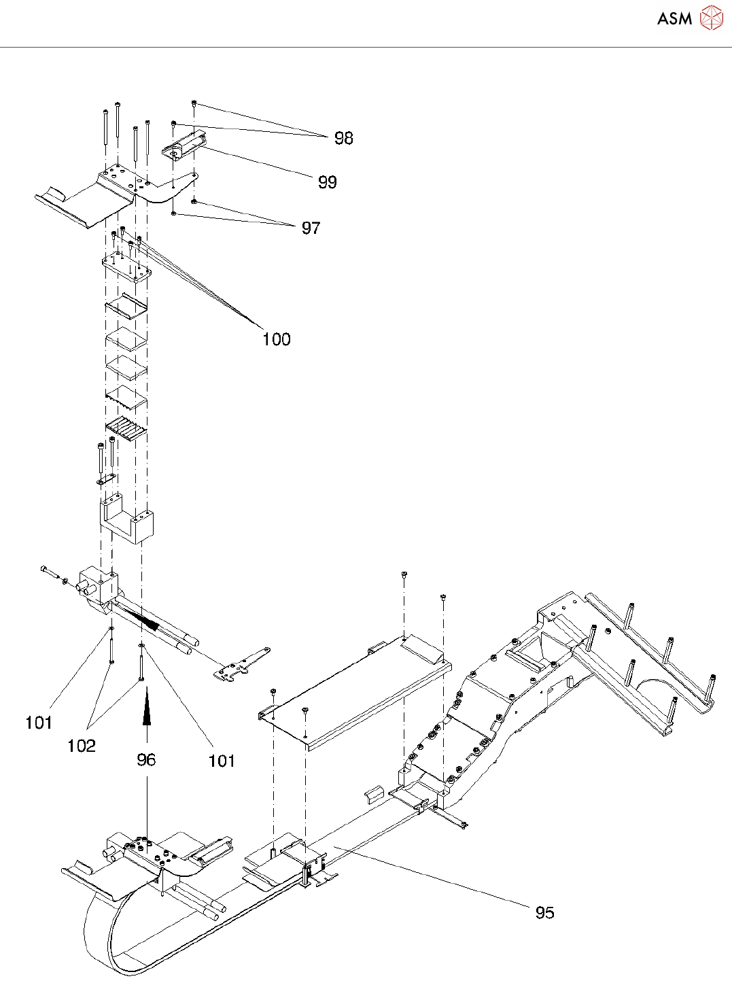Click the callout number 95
coord(544,912)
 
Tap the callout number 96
coord(146,759)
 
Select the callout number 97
coord(311,228)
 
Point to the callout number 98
coord(343,138)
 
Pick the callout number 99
coord(327,182)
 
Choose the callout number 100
coord(276,339)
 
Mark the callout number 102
coord(81,746)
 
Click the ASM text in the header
coord(674,18)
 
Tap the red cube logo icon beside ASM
coord(711,18)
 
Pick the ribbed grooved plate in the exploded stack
coord(126,429)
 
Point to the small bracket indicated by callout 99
coord(184,145)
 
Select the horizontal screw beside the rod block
coord(50,572)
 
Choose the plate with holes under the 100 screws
coord(126,266)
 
